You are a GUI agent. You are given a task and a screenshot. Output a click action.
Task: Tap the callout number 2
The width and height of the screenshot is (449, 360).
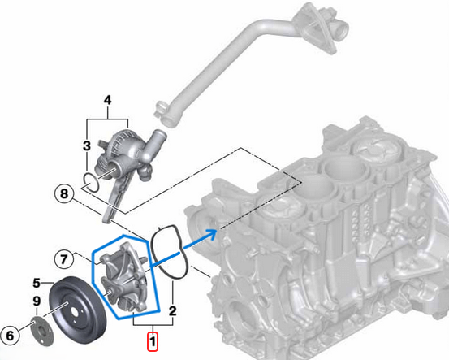[x=172, y=311]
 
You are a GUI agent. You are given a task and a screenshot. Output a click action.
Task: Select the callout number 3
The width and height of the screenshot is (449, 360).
[x=86, y=145]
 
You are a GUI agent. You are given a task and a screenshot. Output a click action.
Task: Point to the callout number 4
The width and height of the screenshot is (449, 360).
[x=106, y=101]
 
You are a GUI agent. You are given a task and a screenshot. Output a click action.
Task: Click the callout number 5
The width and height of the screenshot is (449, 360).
[x=37, y=283]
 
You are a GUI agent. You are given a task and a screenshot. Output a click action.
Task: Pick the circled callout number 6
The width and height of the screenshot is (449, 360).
[x=11, y=333]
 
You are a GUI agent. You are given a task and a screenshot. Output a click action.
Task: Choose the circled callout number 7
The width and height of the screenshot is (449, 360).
[x=65, y=259]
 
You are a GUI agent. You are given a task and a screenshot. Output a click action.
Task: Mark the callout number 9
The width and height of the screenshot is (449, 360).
[x=37, y=301]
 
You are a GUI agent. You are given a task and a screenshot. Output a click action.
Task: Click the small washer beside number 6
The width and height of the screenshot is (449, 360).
[x=36, y=332]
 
